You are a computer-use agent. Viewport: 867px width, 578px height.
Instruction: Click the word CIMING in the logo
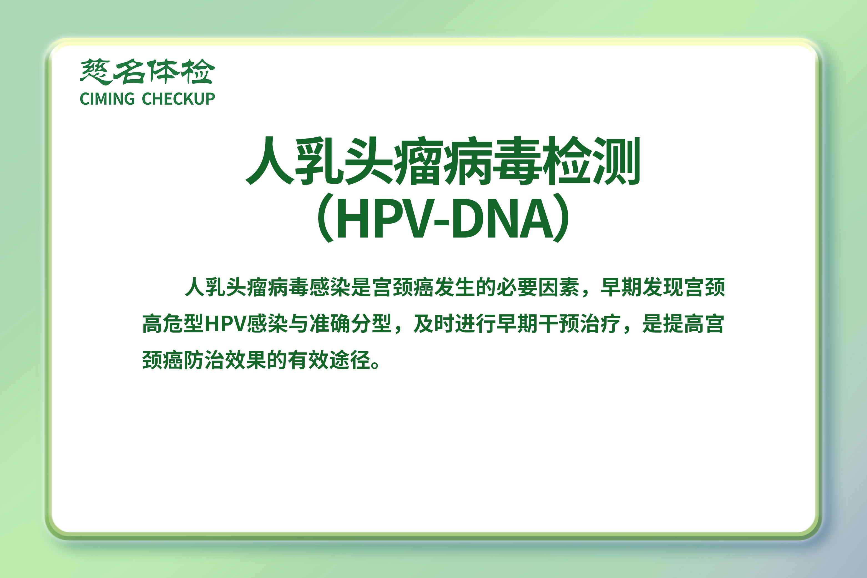(x=107, y=99)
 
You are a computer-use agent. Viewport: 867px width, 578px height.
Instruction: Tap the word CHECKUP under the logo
(x=178, y=99)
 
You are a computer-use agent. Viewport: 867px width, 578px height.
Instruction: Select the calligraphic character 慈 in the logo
(x=95, y=71)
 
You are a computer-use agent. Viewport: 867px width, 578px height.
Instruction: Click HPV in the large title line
(x=384, y=218)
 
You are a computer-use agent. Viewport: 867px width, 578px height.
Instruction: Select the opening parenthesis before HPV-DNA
(x=326, y=218)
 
